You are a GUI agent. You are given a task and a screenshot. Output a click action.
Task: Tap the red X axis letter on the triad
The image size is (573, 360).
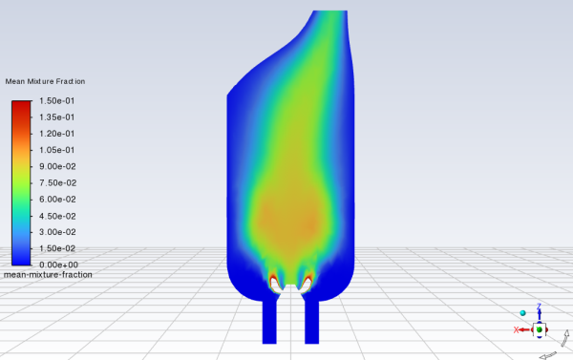[517, 329]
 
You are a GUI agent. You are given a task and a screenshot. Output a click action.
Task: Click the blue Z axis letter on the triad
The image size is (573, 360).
[540, 307]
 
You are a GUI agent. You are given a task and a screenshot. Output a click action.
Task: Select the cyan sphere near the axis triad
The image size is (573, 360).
[523, 312]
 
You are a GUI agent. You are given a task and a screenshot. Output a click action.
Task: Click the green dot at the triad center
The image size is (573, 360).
[540, 329]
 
